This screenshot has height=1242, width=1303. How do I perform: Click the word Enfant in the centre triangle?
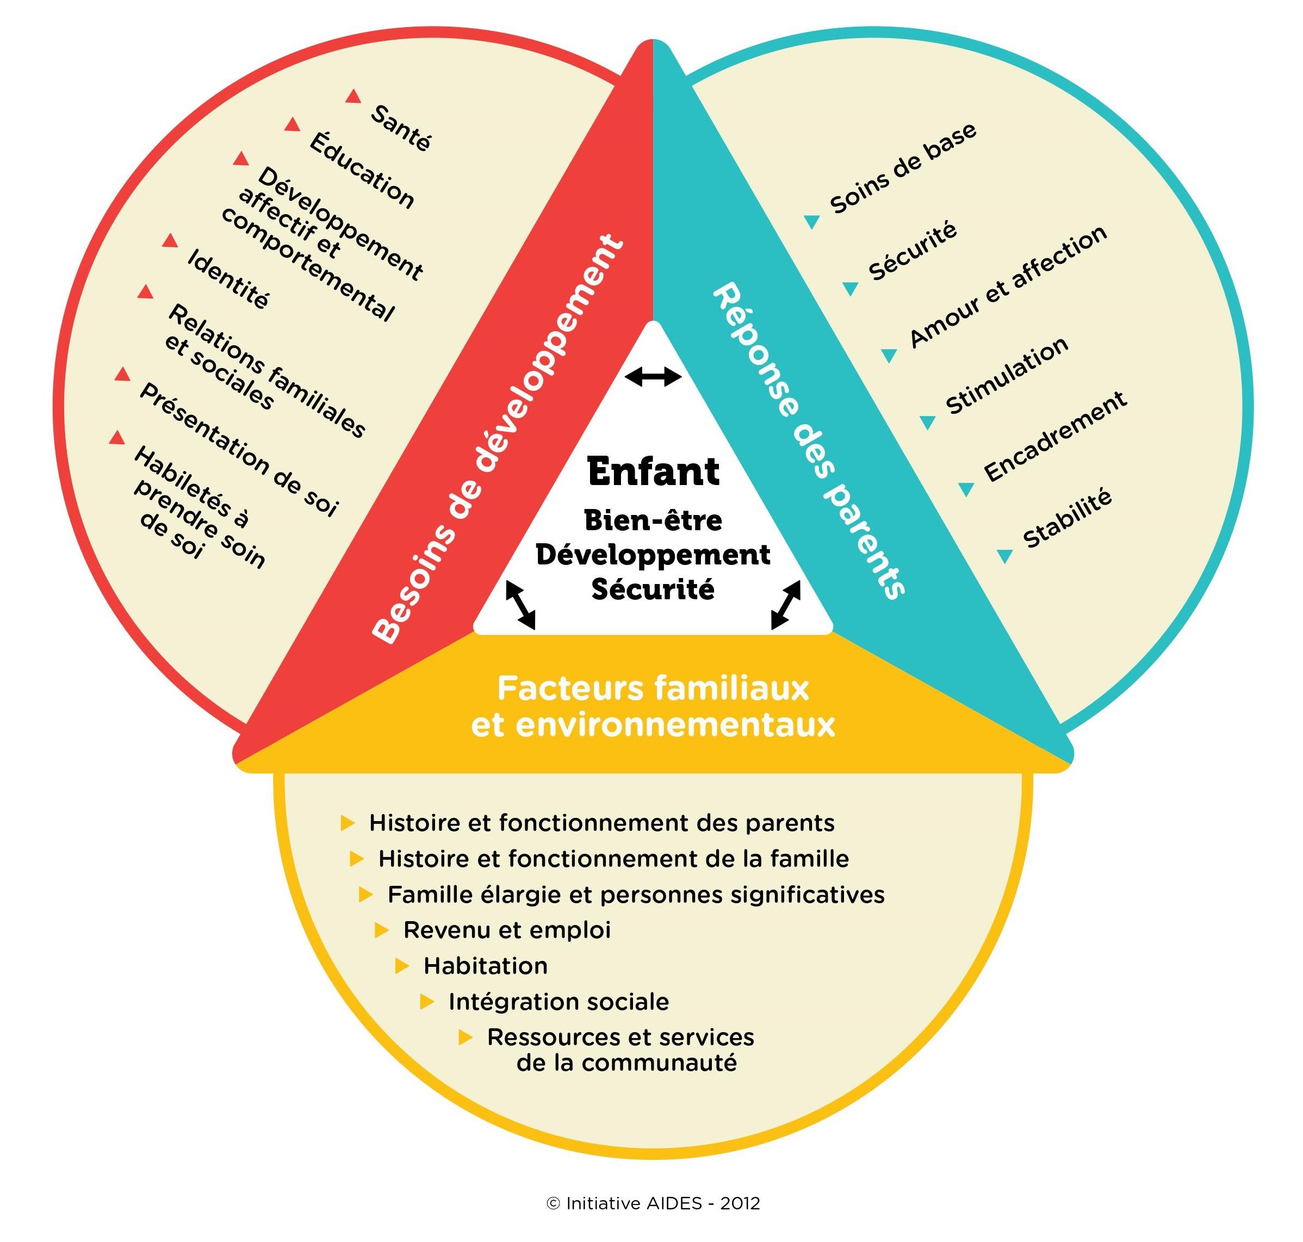(x=653, y=471)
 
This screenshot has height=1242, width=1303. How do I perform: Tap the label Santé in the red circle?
(x=401, y=128)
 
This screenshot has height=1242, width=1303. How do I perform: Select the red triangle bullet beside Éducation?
(x=292, y=125)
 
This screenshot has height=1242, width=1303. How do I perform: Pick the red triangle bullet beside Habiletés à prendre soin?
(x=117, y=438)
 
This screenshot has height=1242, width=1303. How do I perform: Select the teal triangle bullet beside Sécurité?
(x=850, y=288)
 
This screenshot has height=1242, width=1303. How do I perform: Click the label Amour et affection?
(x=1008, y=286)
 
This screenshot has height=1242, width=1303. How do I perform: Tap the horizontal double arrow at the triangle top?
(x=653, y=377)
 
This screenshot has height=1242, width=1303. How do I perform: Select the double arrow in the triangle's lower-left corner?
(x=520, y=605)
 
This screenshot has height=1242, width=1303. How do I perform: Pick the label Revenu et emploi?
(x=506, y=930)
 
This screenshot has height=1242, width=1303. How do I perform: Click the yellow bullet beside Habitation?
(x=402, y=966)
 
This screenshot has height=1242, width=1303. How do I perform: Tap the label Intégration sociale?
(x=558, y=1002)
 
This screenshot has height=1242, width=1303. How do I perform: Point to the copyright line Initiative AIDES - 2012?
(x=653, y=1203)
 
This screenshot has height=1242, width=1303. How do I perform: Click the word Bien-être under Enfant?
(x=653, y=520)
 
